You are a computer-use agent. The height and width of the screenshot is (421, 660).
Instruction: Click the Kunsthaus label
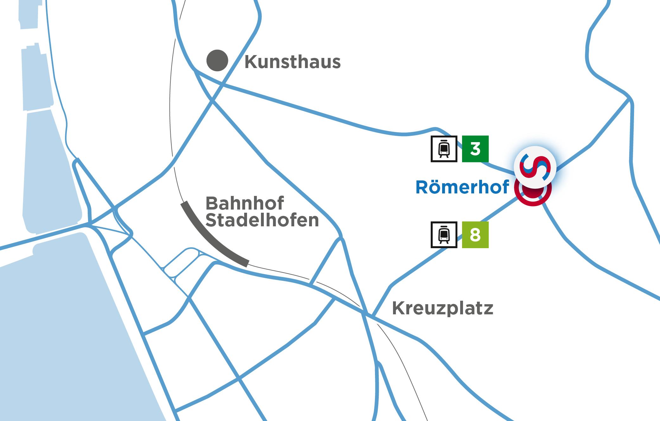click(x=292, y=62)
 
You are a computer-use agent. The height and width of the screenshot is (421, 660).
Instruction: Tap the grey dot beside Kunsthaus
click(x=217, y=60)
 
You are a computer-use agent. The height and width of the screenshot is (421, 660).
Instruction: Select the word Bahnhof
click(x=245, y=203)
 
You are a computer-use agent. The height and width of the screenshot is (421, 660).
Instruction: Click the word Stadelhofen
click(x=262, y=220)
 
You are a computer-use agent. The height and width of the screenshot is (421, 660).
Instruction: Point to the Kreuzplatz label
click(x=442, y=308)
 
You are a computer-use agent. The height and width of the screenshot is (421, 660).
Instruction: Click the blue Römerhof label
click(x=462, y=187)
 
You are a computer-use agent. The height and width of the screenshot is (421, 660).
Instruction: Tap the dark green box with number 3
click(x=475, y=149)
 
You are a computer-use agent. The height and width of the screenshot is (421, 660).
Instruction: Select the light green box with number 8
click(x=475, y=235)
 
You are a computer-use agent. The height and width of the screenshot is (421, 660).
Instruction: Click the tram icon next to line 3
click(x=444, y=149)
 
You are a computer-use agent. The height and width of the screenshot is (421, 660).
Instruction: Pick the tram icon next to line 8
click(x=444, y=235)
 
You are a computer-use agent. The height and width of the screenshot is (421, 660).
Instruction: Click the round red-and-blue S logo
click(x=535, y=167)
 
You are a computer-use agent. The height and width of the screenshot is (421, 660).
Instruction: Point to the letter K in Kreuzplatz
click(x=398, y=308)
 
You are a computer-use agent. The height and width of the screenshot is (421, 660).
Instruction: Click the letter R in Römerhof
click(x=422, y=187)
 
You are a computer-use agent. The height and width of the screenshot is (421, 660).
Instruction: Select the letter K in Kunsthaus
click(x=251, y=62)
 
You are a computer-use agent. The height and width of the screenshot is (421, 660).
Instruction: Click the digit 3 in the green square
click(x=475, y=149)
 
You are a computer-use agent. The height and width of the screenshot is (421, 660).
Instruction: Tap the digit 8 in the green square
click(x=475, y=235)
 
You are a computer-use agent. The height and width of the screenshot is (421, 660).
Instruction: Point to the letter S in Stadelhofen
click(x=211, y=220)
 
